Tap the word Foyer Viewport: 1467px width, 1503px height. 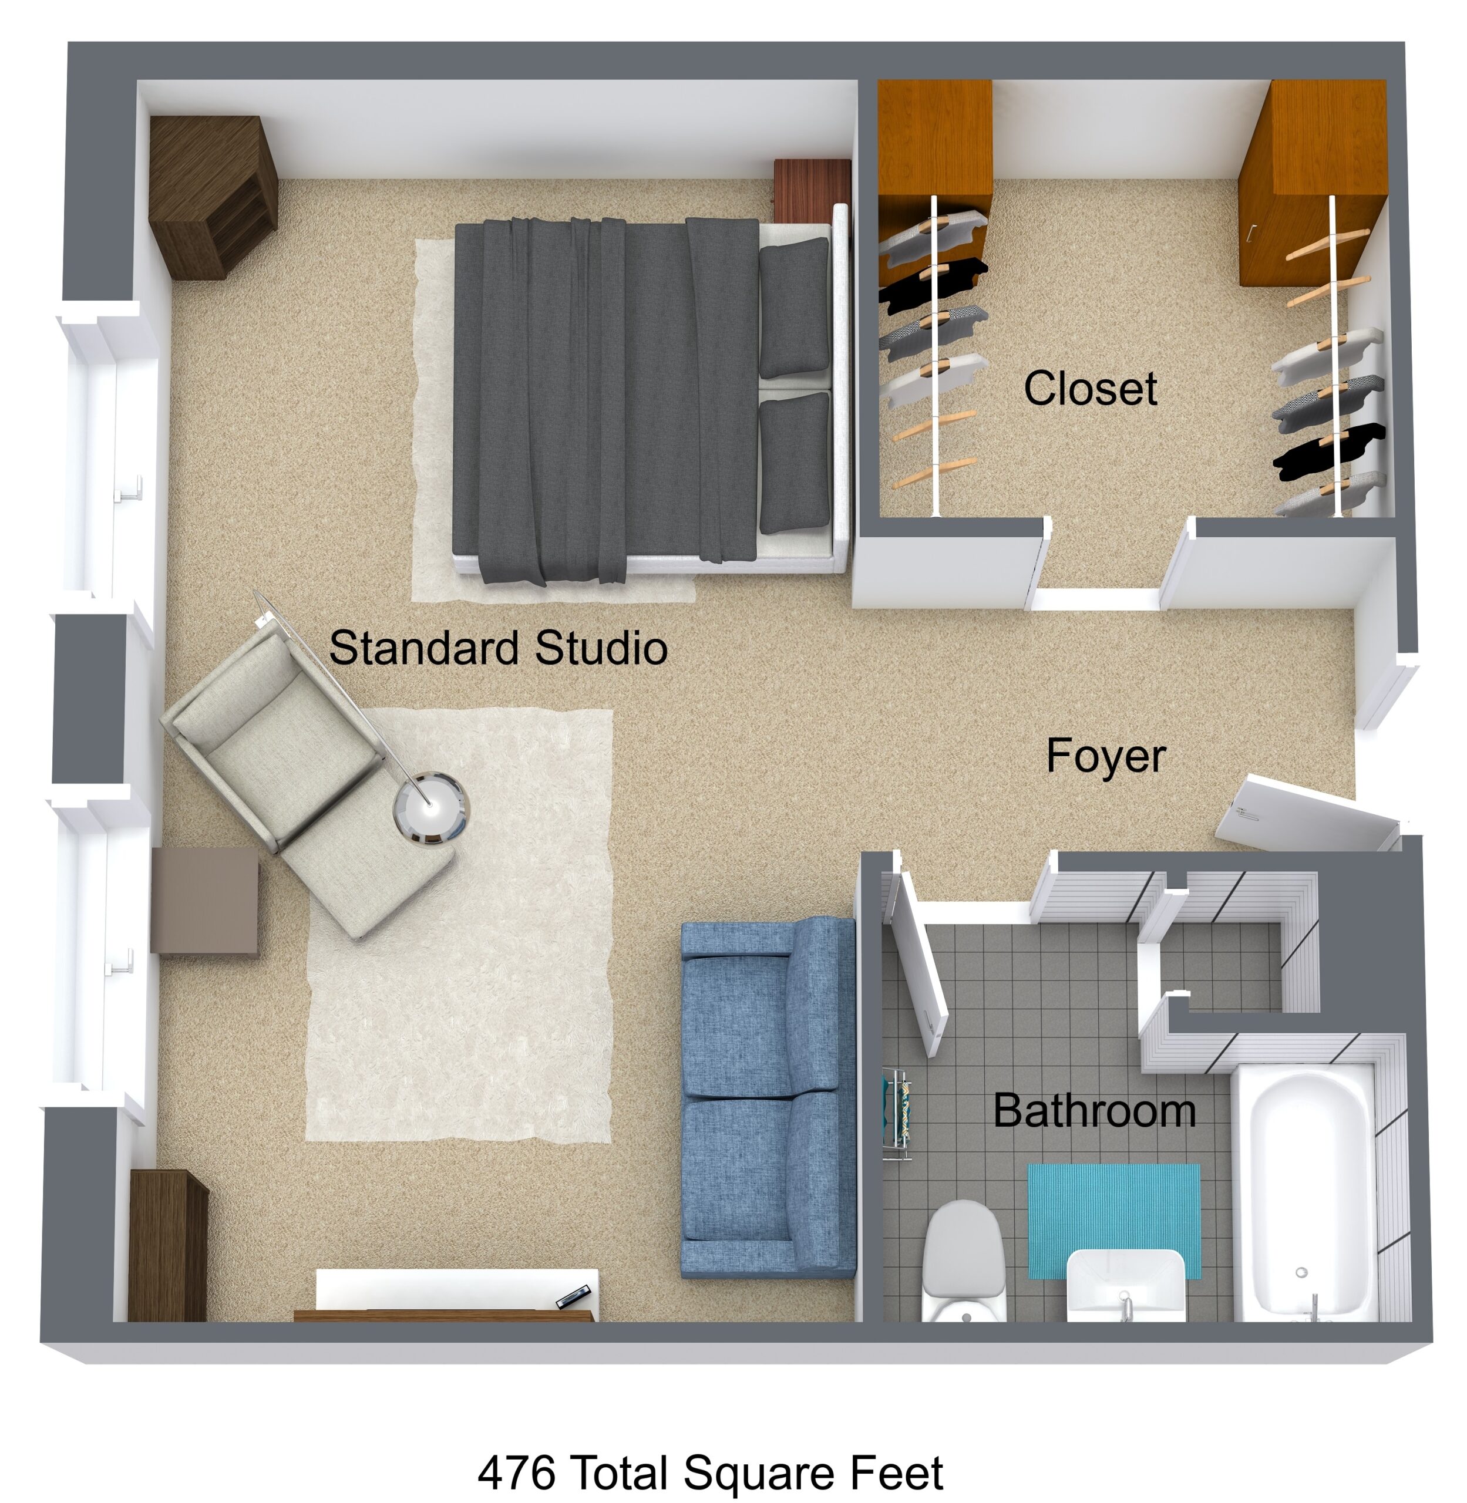[x=1106, y=756]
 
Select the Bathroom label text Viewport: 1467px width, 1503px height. [x=1094, y=1111]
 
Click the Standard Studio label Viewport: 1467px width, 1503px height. [x=499, y=648]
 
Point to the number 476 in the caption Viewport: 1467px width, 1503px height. [x=516, y=1473]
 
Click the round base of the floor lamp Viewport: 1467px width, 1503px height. [x=430, y=809]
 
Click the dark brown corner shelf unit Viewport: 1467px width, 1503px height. [x=212, y=197]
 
